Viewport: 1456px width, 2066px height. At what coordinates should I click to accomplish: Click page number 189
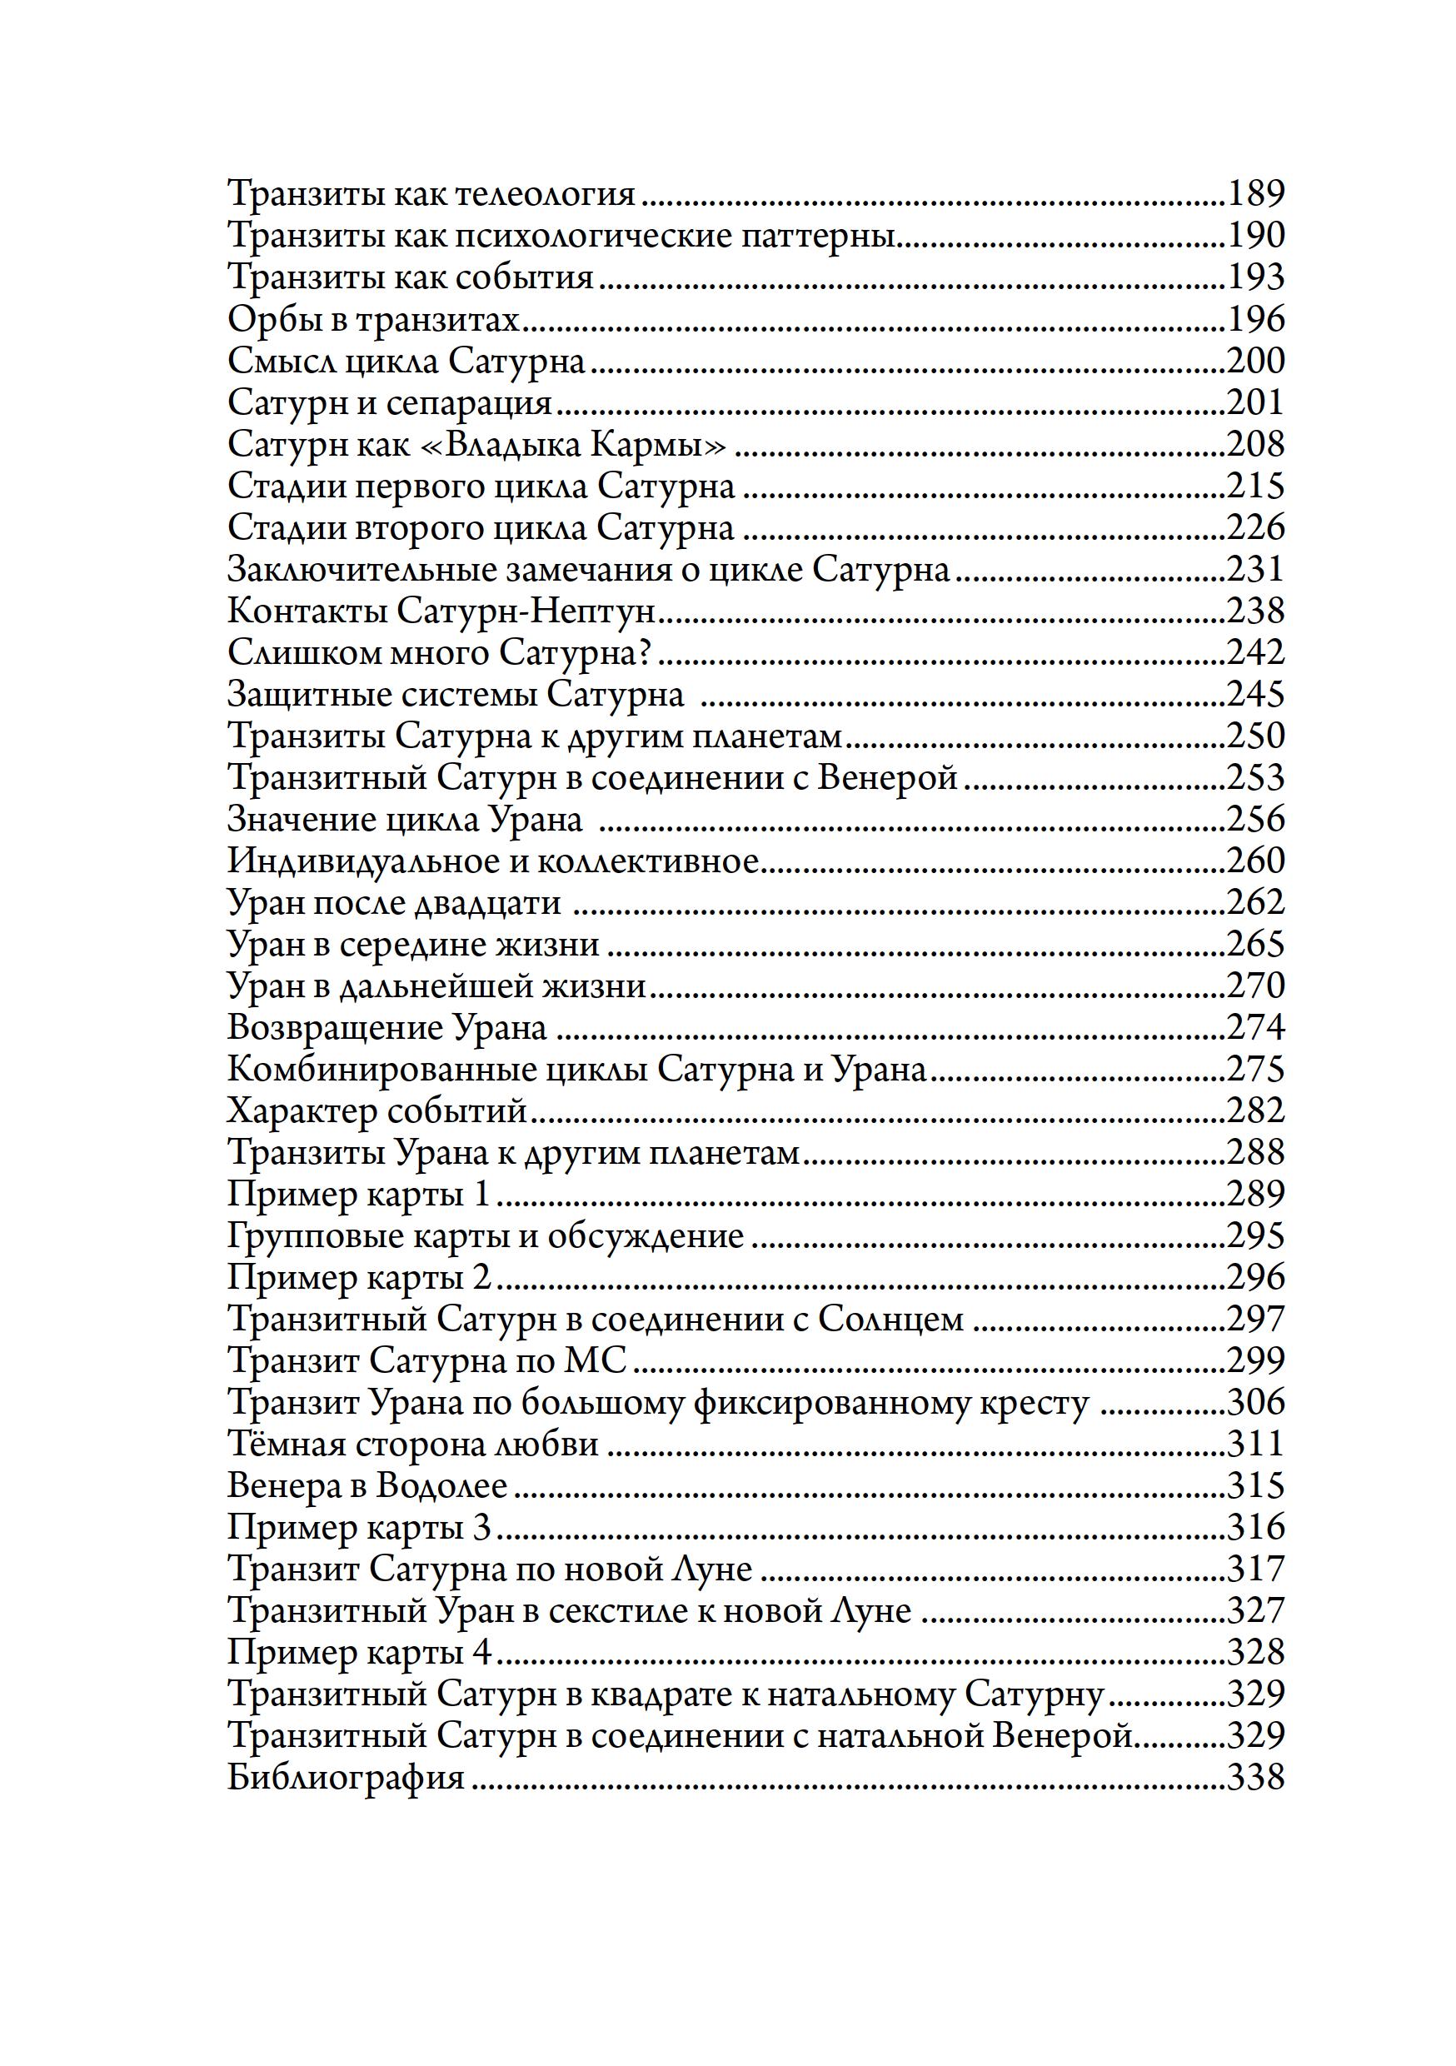[1255, 193]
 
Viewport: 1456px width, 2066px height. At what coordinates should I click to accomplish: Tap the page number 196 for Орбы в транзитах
[1255, 318]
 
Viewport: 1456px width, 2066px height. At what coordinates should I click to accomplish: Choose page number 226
[1255, 527]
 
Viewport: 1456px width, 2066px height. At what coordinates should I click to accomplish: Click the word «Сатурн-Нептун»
[526, 611]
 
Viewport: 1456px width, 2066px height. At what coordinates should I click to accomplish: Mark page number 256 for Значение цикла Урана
[1255, 819]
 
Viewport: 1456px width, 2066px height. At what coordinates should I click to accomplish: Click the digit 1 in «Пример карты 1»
[481, 1194]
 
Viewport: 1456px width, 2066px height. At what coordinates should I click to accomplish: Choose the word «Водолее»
[441, 1485]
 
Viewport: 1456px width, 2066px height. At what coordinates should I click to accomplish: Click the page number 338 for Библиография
[1255, 1777]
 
